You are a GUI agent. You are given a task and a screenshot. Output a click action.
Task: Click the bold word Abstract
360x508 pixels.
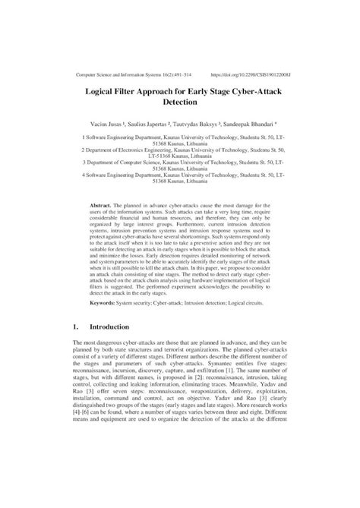point(101,207)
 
